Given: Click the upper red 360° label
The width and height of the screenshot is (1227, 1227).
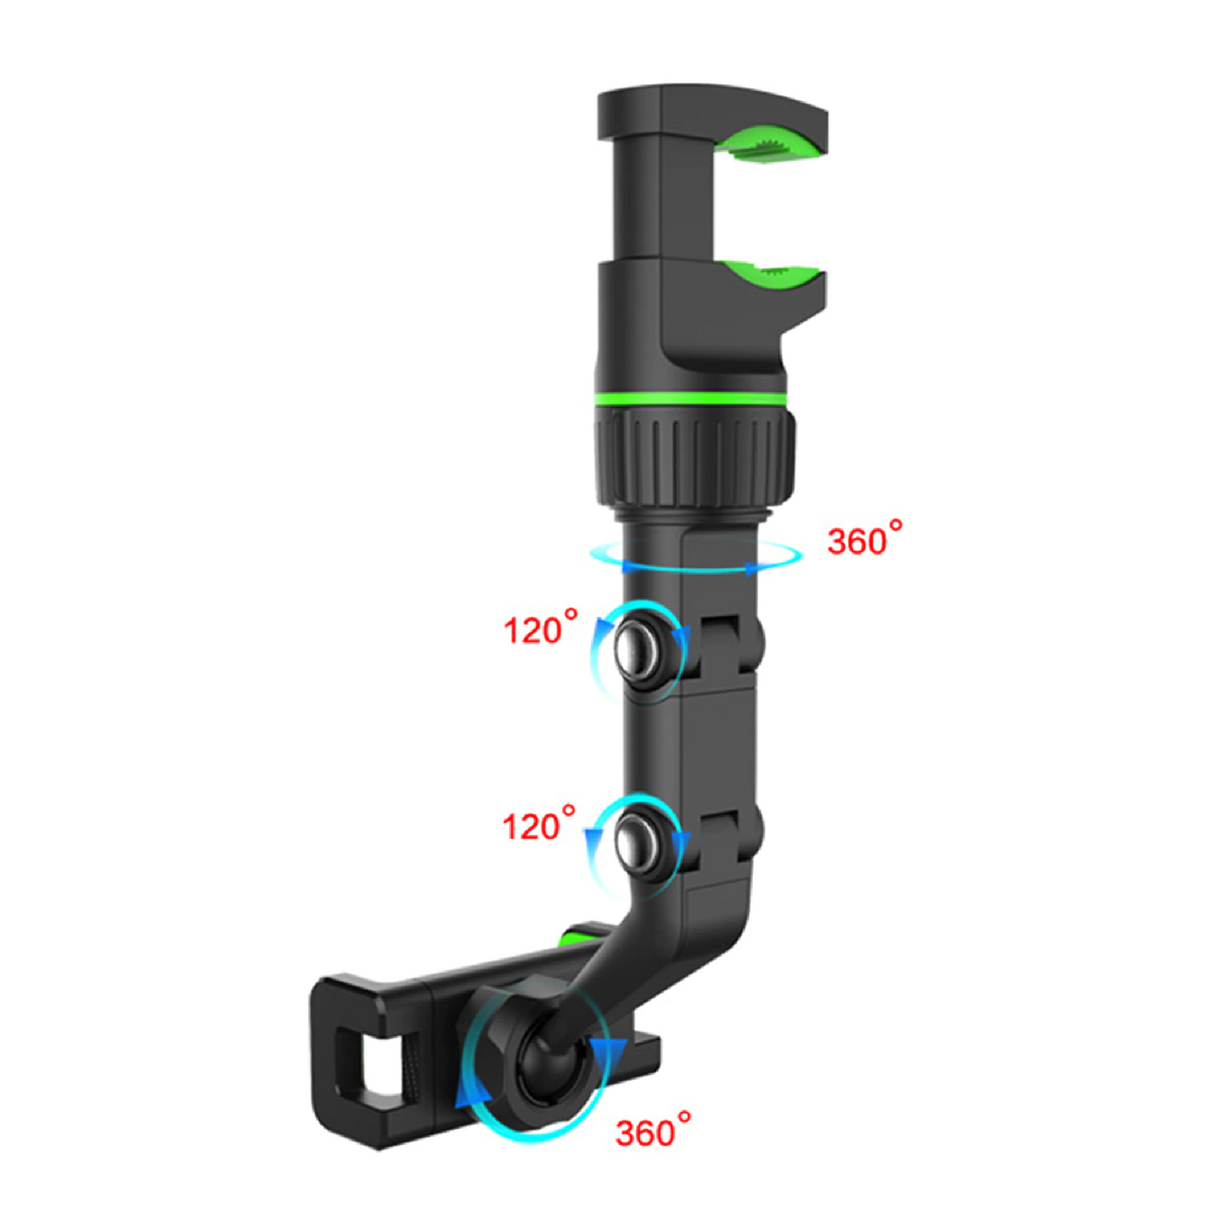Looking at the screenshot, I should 863,541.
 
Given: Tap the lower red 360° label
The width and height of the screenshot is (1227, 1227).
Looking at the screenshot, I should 651,1131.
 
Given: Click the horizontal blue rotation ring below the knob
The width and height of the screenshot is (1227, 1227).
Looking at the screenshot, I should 696,557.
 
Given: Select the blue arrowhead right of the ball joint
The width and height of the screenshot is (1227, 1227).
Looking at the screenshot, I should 609,1054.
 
